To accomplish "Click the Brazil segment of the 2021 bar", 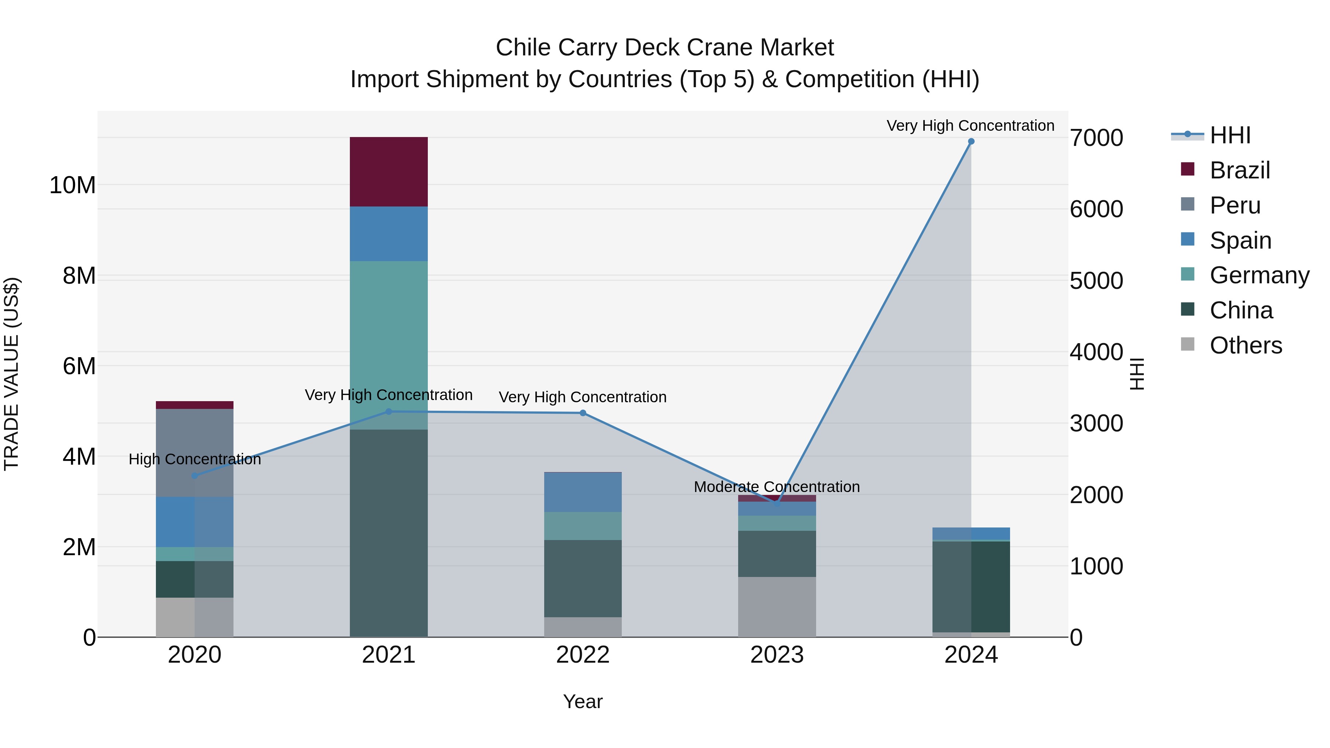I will click(x=388, y=172).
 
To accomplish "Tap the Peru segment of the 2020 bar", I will click(x=195, y=453).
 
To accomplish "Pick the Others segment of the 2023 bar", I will click(x=777, y=607).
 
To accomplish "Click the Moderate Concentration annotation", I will click(x=777, y=487).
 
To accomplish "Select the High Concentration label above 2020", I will click(x=195, y=459).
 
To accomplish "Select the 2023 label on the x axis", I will click(x=777, y=655).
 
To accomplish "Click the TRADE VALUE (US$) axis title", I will click(x=11, y=374).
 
